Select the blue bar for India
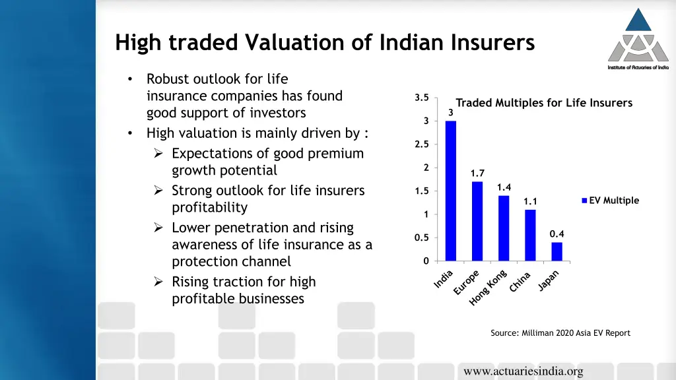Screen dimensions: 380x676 pyautogui.click(x=451, y=191)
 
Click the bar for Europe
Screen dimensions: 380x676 pyautogui.click(x=477, y=221)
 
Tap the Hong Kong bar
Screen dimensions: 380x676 pyautogui.click(x=504, y=228)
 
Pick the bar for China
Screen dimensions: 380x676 pyautogui.click(x=530, y=235)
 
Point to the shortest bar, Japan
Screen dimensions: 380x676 pyautogui.click(x=557, y=251)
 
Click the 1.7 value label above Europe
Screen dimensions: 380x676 pyautogui.click(x=477, y=174)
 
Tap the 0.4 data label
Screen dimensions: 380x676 pyautogui.click(x=557, y=234)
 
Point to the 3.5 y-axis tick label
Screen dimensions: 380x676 pyautogui.click(x=422, y=98)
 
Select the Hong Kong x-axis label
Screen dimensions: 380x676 pyautogui.click(x=489, y=288)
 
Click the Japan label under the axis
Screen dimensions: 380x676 pyautogui.click(x=549, y=280)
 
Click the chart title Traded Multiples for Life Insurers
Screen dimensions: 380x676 pyautogui.click(x=544, y=103)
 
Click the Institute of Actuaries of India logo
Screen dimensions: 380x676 pyautogui.click(x=638, y=38)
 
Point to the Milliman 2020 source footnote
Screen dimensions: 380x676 pyautogui.click(x=560, y=333)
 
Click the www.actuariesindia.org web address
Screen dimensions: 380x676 pyautogui.click(x=523, y=371)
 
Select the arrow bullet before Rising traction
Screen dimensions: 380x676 pyautogui.click(x=158, y=282)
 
